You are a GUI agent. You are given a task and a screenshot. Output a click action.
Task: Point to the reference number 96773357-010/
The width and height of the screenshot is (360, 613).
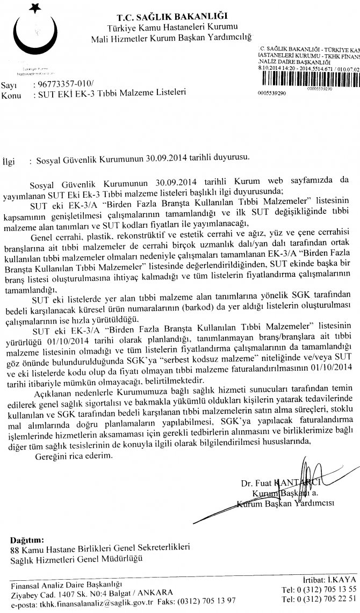tap(62, 84)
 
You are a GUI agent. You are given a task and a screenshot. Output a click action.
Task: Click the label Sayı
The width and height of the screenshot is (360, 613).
tap(9, 85)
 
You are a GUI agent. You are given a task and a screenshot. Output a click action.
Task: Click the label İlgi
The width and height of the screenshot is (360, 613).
tap(10, 160)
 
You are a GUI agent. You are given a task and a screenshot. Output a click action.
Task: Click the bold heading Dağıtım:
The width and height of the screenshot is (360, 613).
tap(28, 539)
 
